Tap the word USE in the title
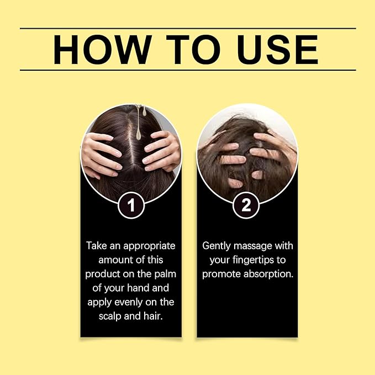click(x=277, y=50)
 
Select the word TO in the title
click(x=193, y=50)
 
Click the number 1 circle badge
click(x=131, y=205)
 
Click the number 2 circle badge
click(x=246, y=205)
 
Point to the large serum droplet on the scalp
click(x=139, y=134)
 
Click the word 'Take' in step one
click(x=97, y=246)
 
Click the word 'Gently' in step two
click(x=216, y=246)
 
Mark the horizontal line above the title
click(x=188, y=29)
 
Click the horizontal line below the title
click(x=188, y=70)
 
